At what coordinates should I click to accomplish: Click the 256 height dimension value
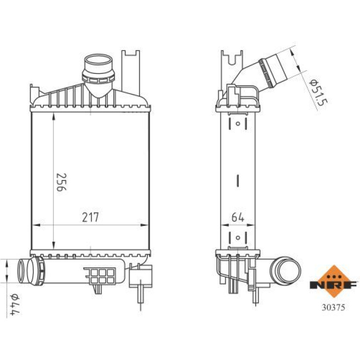click(61, 182)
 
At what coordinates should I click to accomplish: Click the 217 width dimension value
click(90, 217)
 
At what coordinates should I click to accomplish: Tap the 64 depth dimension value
click(238, 217)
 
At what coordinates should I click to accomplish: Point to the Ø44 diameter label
click(15, 304)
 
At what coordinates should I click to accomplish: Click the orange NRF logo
click(334, 281)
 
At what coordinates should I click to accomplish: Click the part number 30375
click(333, 308)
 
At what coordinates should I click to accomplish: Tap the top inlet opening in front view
click(99, 59)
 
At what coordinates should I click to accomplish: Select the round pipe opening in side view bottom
click(285, 270)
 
